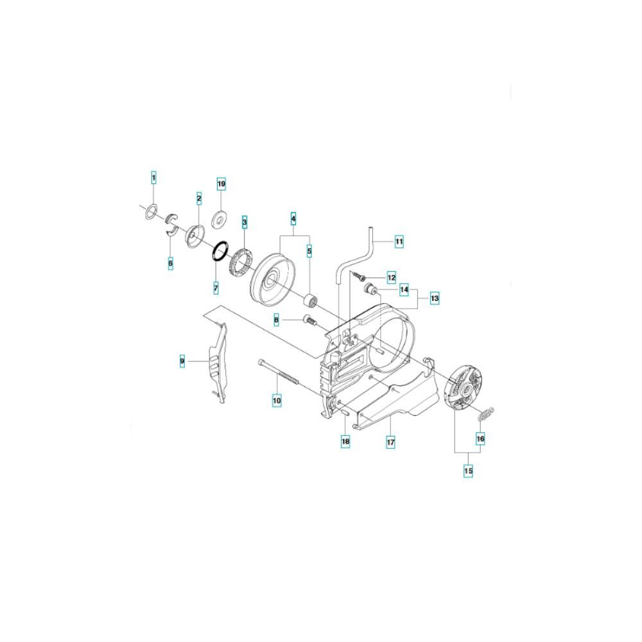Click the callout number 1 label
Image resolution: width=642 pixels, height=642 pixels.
pyautogui.click(x=154, y=178)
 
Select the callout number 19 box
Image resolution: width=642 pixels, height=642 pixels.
pyautogui.click(x=221, y=184)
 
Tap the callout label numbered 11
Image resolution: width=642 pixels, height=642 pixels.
pyautogui.click(x=399, y=241)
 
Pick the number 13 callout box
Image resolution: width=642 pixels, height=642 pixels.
pyautogui.click(x=435, y=298)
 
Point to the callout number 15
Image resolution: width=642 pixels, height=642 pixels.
pyautogui.click(x=468, y=471)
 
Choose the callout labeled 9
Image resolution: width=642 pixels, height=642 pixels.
pyautogui.click(x=182, y=361)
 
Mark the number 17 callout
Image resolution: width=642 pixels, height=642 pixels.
pyautogui.click(x=390, y=442)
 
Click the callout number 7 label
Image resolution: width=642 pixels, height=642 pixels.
pyautogui.click(x=216, y=288)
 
